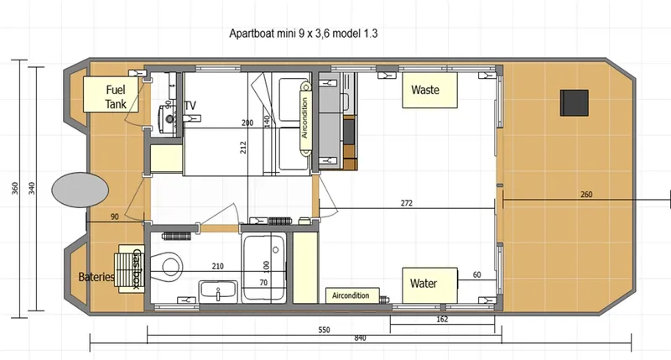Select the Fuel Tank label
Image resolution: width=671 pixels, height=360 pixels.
[116, 97]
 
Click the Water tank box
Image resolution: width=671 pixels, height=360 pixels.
[429, 283]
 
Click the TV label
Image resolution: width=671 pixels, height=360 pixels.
[190, 106]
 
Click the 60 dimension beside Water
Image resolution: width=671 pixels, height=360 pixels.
[476, 274]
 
